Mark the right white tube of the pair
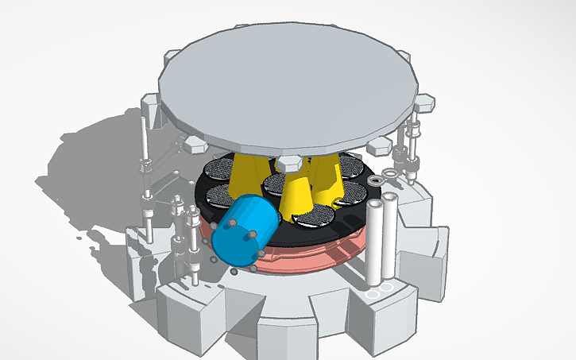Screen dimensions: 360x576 pos(390,234)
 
